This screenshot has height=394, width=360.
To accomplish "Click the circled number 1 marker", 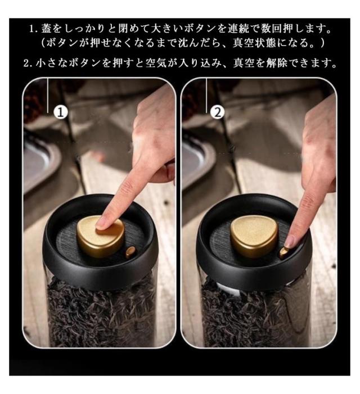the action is (61, 112).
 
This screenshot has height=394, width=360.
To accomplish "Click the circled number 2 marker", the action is (217, 112).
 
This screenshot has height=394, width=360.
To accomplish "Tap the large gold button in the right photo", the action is (254, 236).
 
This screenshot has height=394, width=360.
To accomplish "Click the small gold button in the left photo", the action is (130, 252).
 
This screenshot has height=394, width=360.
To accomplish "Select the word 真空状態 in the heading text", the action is (254, 43).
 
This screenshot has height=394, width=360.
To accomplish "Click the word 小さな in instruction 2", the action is (52, 63).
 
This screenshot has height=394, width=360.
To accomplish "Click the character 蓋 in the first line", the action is (47, 29).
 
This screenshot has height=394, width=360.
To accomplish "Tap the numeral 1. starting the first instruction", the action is (34, 29).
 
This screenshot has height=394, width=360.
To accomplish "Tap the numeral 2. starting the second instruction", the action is (29, 64).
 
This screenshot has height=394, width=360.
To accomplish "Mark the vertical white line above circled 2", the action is (206, 96).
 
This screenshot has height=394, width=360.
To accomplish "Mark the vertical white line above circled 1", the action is (47, 96).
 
